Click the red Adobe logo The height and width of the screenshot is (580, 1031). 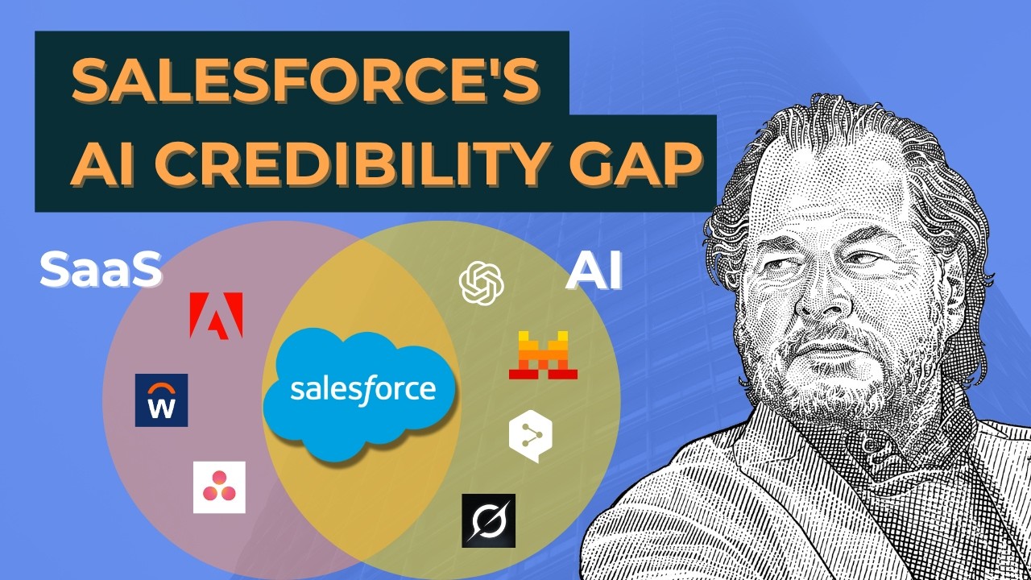[216, 315]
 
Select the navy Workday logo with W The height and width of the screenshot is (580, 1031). [161, 400]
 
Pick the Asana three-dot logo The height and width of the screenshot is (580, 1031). [219, 487]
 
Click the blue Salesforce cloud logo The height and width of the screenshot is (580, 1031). [362, 391]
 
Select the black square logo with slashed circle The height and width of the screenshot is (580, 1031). [488, 520]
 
